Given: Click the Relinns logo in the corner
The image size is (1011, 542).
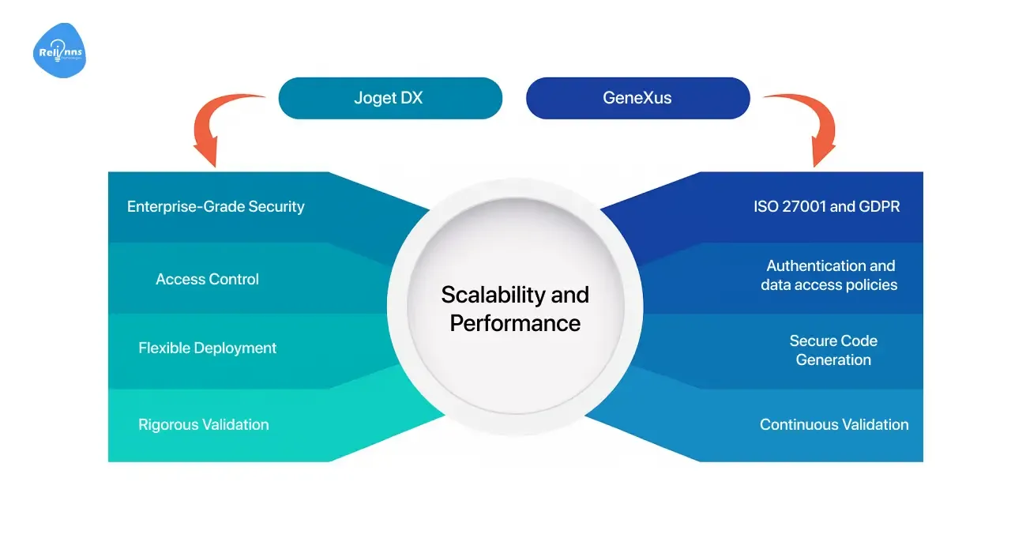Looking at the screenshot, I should [x=59, y=51].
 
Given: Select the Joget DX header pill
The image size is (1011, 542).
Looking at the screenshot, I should [x=390, y=98].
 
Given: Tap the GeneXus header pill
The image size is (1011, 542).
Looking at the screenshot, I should [x=637, y=98].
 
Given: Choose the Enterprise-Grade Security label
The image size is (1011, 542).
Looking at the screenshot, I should [x=216, y=207].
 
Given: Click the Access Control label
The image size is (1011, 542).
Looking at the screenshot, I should [x=208, y=279].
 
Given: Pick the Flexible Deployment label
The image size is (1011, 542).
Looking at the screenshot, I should [x=208, y=348].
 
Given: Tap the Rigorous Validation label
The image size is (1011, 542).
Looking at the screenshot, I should [x=204, y=424].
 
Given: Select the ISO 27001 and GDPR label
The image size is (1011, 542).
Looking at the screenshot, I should [x=827, y=207].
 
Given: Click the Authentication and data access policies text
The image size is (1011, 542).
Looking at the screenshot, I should [x=829, y=275].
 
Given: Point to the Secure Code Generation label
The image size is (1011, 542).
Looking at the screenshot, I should [x=833, y=350].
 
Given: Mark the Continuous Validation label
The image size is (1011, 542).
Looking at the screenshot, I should [x=834, y=424].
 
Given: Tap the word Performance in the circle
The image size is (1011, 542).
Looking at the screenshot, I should [x=515, y=322].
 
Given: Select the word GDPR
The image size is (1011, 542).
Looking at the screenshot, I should [x=880, y=207].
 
